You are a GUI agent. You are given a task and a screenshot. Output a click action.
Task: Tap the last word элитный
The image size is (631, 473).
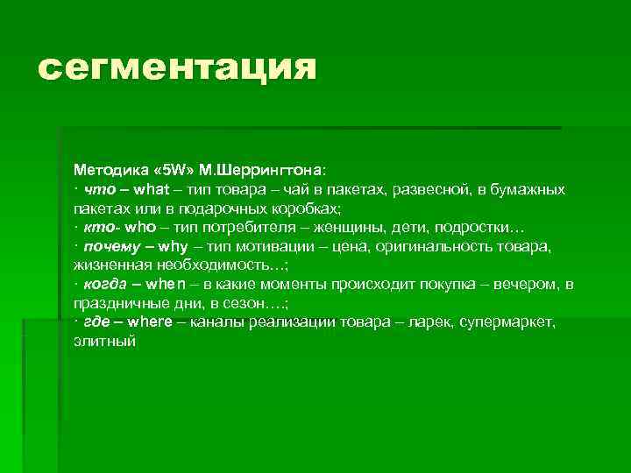(104, 341)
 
